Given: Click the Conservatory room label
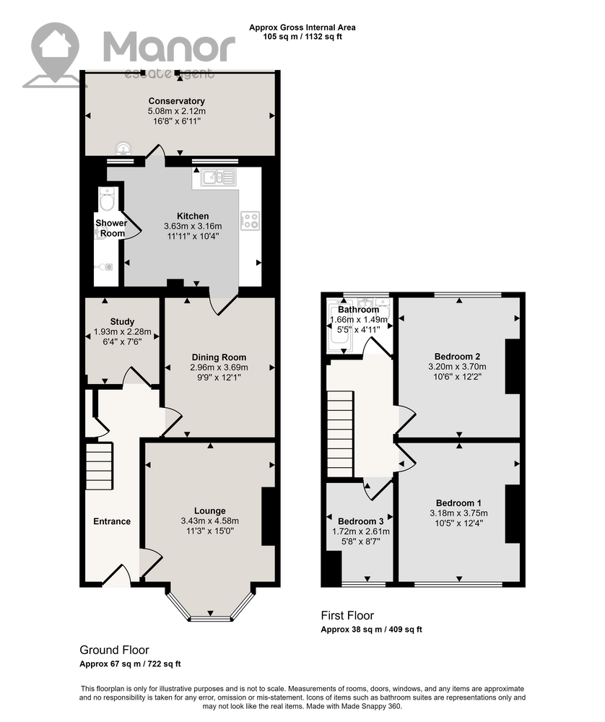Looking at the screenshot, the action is point(176,101).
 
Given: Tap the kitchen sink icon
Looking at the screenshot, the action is point(218,177).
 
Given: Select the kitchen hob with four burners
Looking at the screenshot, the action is point(250,221).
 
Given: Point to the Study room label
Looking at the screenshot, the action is point(122,321).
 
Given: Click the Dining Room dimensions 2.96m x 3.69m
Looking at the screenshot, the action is point(219,367).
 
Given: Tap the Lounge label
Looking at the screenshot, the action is point(209,510).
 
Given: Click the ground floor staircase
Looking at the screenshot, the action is point(99,466).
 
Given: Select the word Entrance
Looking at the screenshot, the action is point(112,521).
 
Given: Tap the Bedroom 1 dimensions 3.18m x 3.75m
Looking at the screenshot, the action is point(458,513).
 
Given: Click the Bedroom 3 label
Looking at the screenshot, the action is point(360,521).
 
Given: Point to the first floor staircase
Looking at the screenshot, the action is point(340,434).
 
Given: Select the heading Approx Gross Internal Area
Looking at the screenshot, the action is point(302,27).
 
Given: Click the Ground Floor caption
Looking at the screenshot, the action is point(114,651).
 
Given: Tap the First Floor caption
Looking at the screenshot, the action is point(347,616).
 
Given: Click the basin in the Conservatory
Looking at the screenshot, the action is point(124,148).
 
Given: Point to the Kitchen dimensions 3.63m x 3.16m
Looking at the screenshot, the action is point(193,226).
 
